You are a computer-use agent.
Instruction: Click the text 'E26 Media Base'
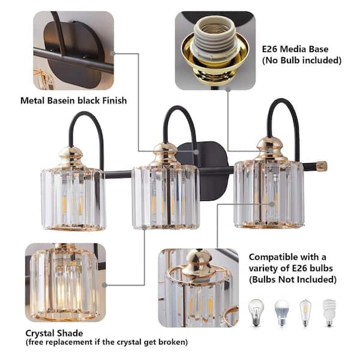[295, 49]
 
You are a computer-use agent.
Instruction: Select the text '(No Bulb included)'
[302, 61]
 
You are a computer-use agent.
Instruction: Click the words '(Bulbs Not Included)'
[293, 280]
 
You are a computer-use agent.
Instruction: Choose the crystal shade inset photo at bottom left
[64, 282]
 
